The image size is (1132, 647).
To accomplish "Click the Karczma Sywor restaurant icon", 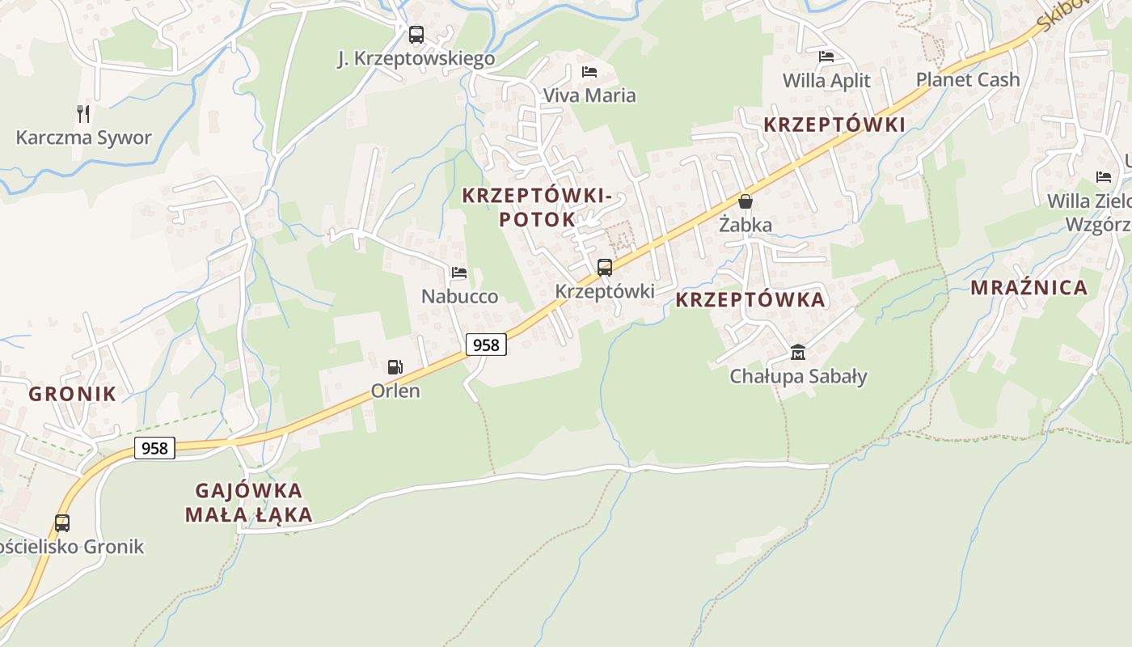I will pyautogui.click(x=83, y=113).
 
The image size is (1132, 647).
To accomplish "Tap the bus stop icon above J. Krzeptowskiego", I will pyautogui.click(x=416, y=35).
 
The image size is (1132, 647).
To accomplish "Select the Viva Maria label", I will pyautogui.click(x=589, y=95).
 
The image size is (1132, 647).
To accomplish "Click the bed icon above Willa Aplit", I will pyautogui.click(x=826, y=57).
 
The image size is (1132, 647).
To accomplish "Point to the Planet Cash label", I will pyautogui.click(x=967, y=79).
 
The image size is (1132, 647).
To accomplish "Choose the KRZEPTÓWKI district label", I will pyautogui.click(x=834, y=125).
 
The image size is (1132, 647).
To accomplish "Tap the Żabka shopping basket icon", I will pyautogui.click(x=746, y=201).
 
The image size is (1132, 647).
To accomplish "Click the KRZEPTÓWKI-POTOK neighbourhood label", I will pyautogui.click(x=535, y=207).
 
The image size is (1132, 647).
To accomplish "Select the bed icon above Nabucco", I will pyautogui.click(x=459, y=273).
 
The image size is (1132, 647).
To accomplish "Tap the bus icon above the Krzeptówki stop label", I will pyautogui.click(x=605, y=267).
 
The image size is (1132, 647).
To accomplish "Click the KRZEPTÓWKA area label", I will pyautogui.click(x=750, y=300).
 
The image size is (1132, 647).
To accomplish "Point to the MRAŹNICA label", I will pyautogui.click(x=1029, y=288).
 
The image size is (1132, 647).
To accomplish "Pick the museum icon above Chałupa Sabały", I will pyautogui.click(x=798, y=352).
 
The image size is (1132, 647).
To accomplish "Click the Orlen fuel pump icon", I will pyautogui.click(x=395, y=367).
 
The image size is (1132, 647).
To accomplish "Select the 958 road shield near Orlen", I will pyautogui.click(x=486, y=345).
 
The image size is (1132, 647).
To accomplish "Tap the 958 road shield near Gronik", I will pyautogui.click(x=154, y=448).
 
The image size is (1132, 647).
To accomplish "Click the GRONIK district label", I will pyautogui.click(x=73, y=395).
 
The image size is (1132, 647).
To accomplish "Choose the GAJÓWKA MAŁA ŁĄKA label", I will pyautogui.click(x=248, y=502).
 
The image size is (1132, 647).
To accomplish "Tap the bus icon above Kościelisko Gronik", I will pyautogui.click(x=62, y=522).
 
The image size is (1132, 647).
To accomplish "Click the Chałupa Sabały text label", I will pyautogui.click(x=798, y=376).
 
